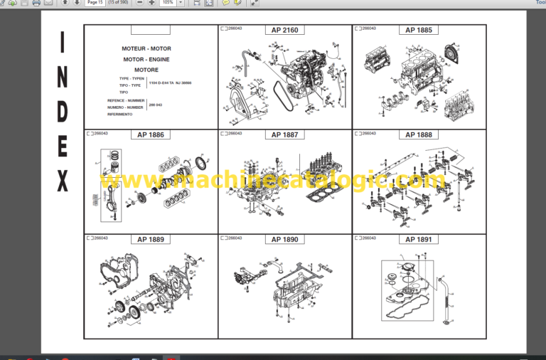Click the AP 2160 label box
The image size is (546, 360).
[x=285, y=31]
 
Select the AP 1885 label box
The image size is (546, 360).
[x=419, y=31]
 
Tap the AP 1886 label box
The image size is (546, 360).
[x=151, y=134]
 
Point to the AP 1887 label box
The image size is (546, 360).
[x=285, y=134]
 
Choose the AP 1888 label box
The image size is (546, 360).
[x=419, y=134]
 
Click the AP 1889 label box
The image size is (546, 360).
[x=151, y=240]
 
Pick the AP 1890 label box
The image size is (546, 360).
[x=285, y=240]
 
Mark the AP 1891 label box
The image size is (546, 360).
[x=419, y=240]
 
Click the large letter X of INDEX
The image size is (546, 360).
[x=63, y=182]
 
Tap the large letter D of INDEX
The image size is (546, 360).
[x=63, y=110]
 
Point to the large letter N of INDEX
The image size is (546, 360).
[x=63, y=77]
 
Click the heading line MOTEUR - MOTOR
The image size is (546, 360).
[x=147, y=49]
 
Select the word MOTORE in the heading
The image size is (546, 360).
[x=147, y=70]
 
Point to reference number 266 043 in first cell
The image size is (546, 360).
[x=156, y=105]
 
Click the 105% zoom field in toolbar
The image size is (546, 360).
[x=168, y=3]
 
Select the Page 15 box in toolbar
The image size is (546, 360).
[x=95, y=3]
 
